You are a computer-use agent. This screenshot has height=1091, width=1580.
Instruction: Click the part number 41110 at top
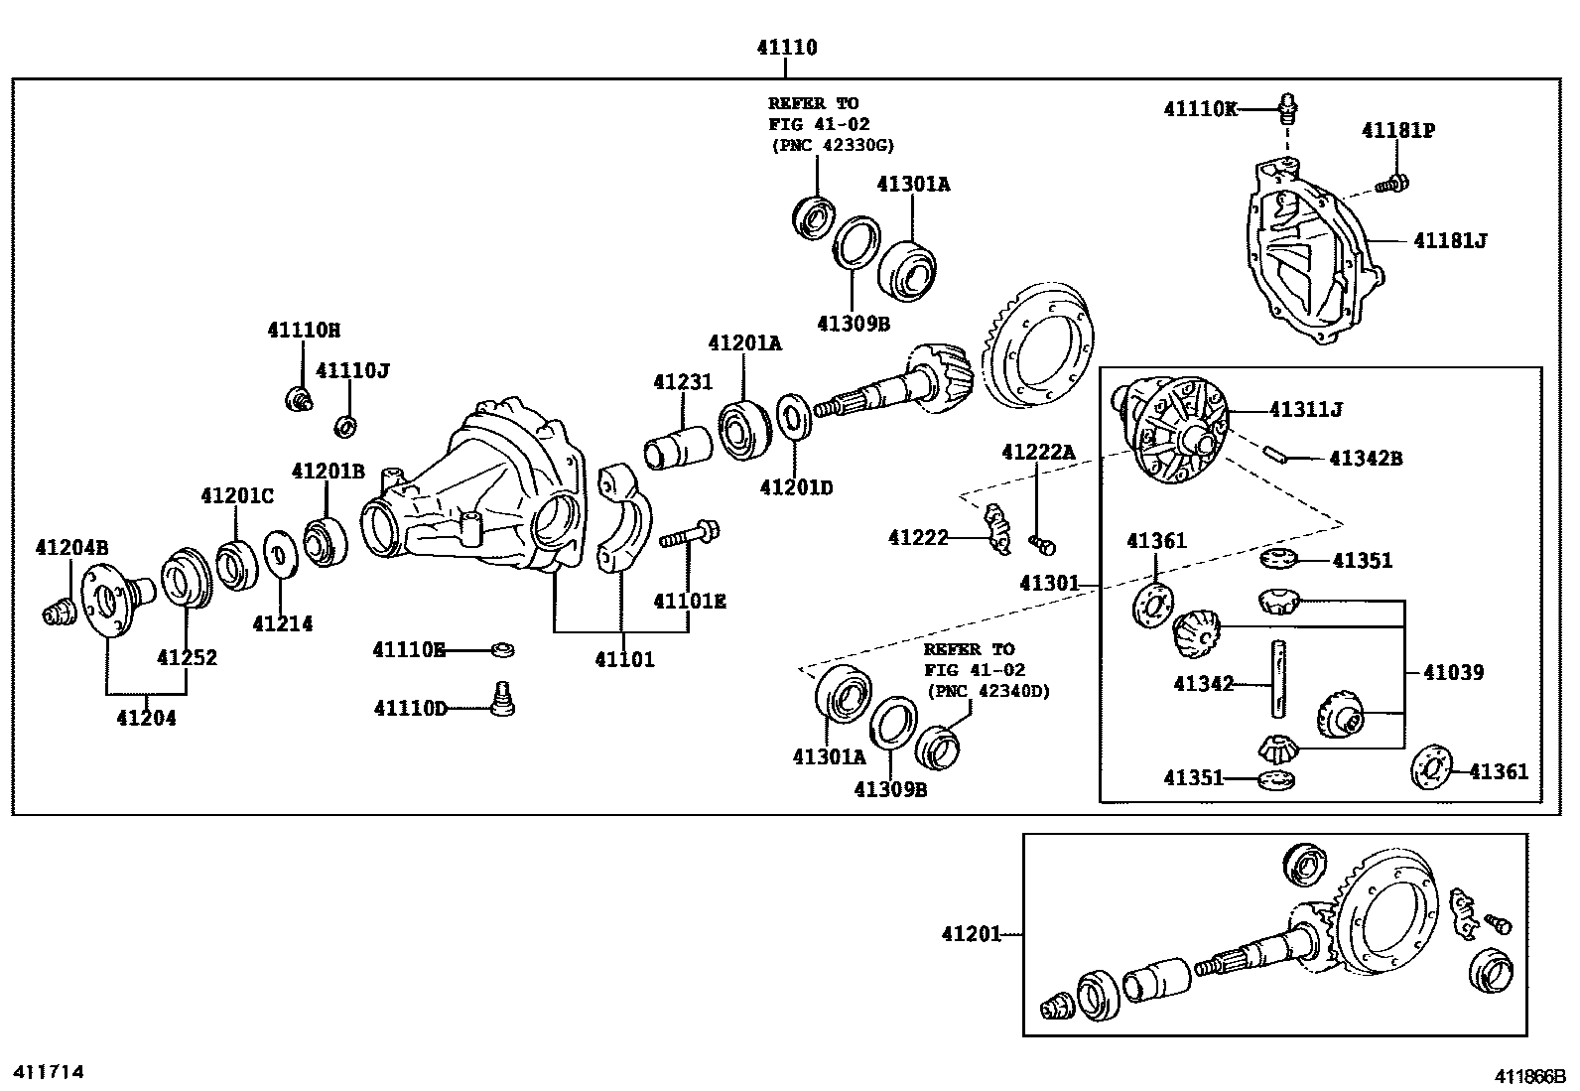(785, 47)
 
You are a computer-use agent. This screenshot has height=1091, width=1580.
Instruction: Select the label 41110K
(1200, 109)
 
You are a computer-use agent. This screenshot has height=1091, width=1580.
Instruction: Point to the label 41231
(682, 382)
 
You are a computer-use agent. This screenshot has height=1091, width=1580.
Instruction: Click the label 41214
(282, 623)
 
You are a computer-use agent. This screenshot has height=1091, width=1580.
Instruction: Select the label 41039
(1453, 672)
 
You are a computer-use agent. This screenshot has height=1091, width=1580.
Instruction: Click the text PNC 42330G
(832, 145)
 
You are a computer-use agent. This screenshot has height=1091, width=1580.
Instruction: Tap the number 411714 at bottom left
(47, 1072)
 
